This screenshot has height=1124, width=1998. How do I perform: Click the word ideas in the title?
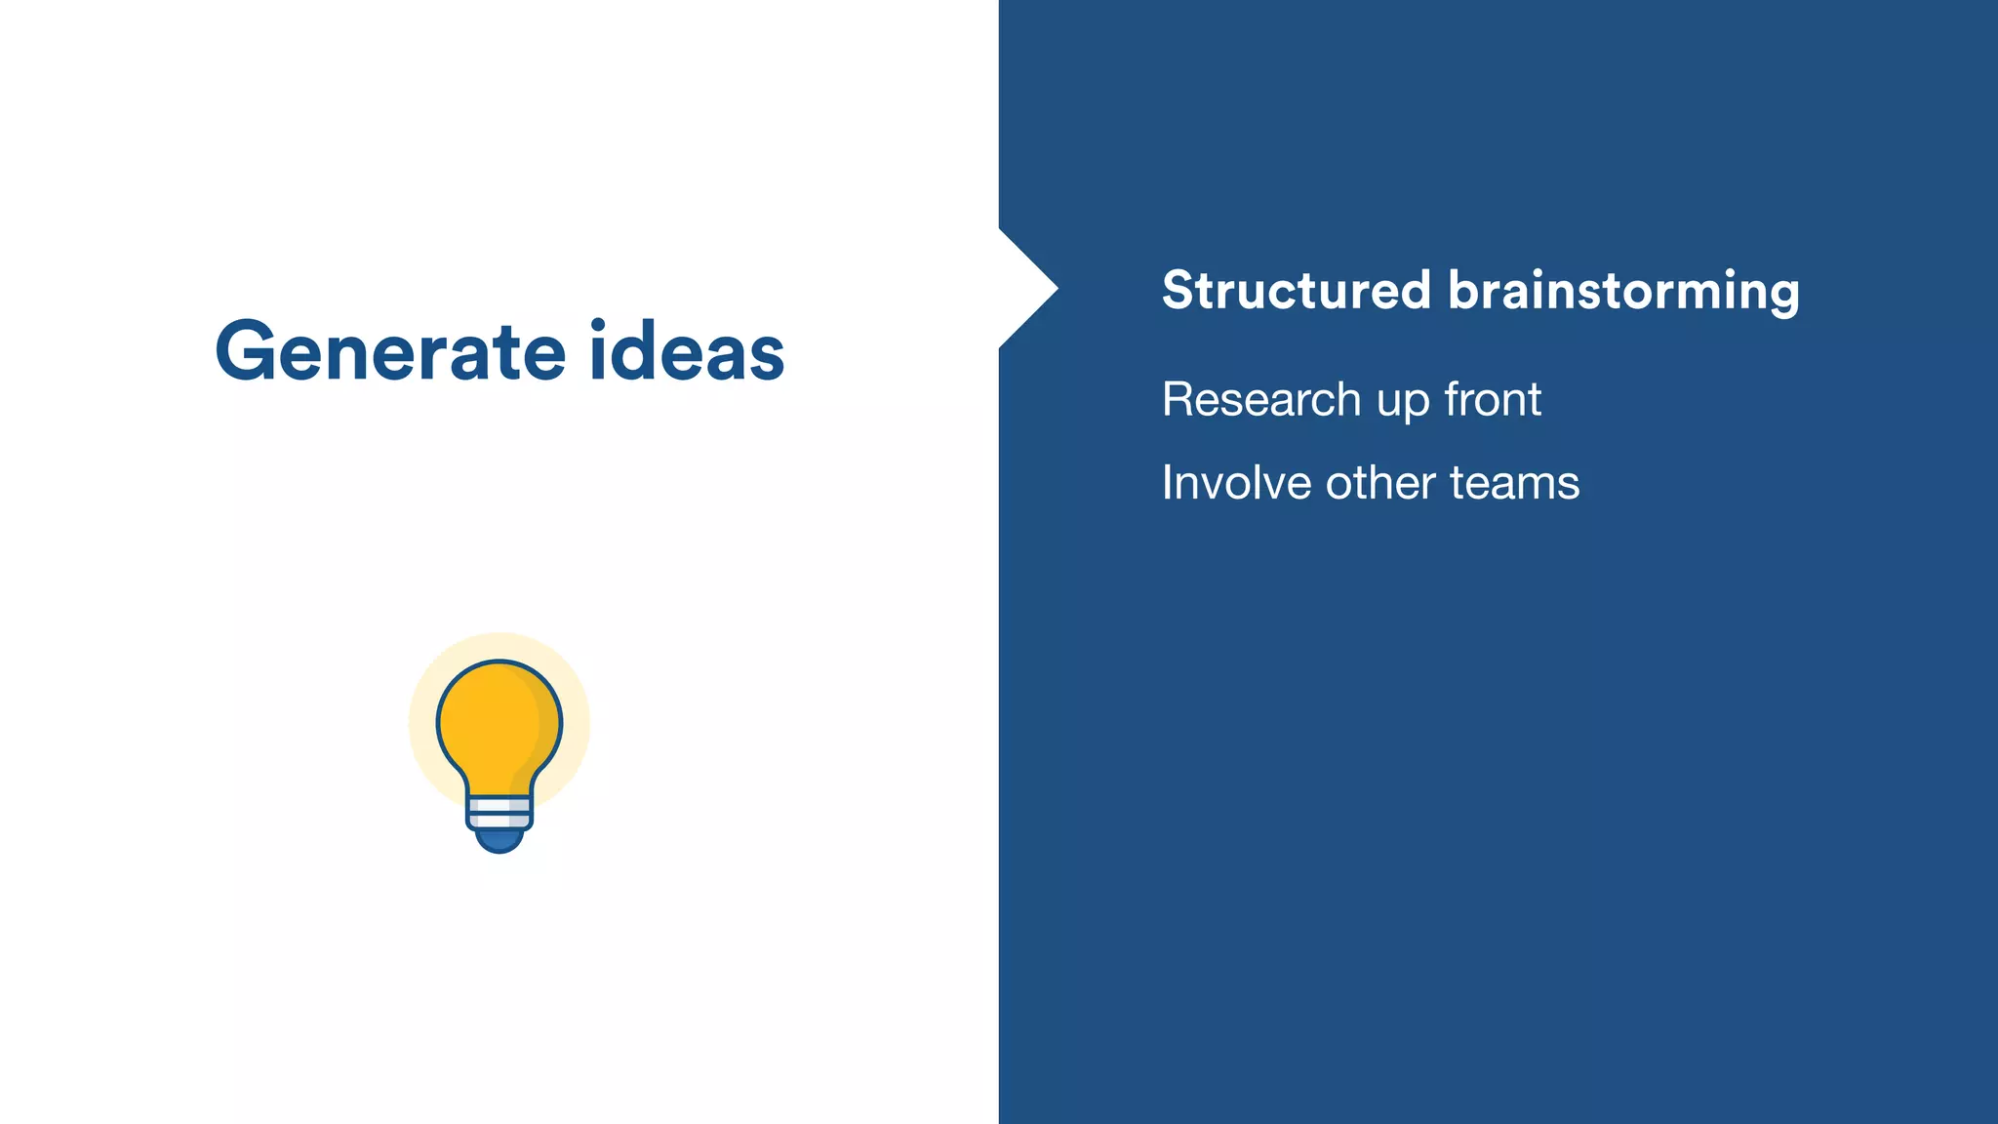click(x=687, y=351)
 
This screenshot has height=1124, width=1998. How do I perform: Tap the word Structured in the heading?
click(x=1297, y=290)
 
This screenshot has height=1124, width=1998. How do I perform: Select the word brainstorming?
click(x=1623, y=292)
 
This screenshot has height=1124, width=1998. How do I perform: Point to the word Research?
click(x=1261, y=399)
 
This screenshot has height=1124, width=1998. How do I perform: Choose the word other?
click(x=1380, y=483)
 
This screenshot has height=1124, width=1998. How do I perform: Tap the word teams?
click(x=1515, y=483)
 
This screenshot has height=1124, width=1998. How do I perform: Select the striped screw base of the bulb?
click(x=499, y=811)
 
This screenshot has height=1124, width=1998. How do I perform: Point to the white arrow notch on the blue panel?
click(x=1024, y=289)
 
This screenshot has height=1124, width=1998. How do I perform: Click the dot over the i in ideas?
click(x=599, y=325)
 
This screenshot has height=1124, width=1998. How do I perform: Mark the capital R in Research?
click(x=1179, y=399)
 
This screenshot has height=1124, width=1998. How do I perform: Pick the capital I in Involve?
click(x=1167, y=483)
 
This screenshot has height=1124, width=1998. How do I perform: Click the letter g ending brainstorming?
click(x=1780, y=296)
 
